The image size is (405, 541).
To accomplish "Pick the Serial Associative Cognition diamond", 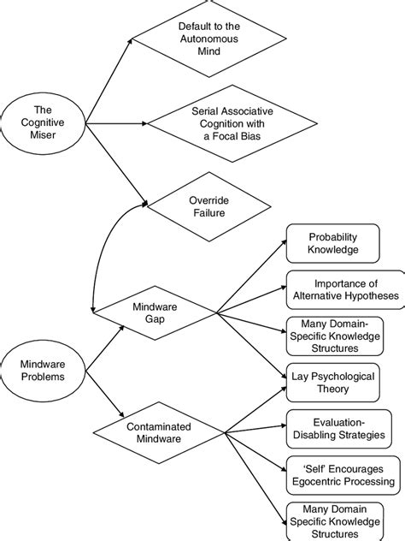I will pos(232,121).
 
